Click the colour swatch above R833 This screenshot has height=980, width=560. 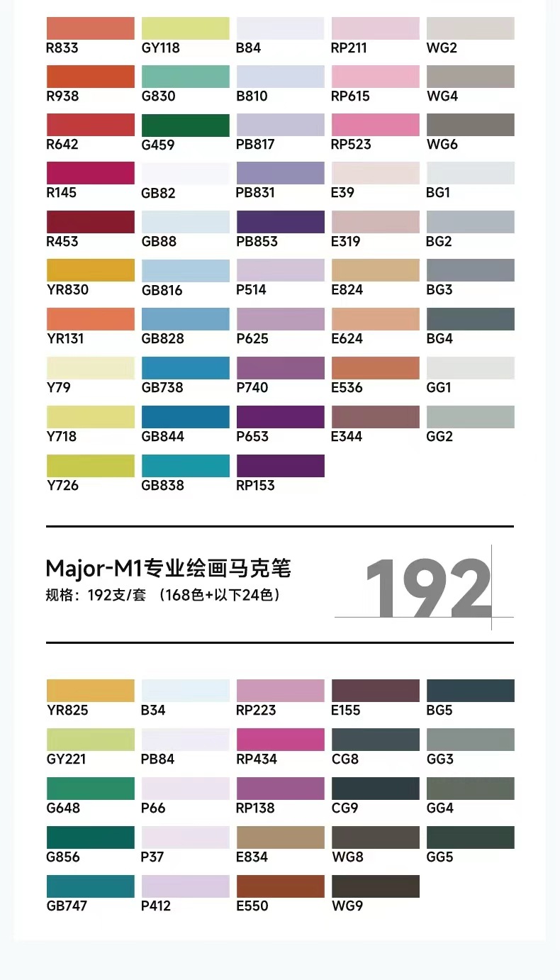(90, 28)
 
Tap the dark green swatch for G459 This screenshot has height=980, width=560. (185, 125)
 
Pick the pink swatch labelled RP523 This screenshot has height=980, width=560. (375, 125)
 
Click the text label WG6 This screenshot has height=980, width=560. (442, 145)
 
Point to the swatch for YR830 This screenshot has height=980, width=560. (90, 270)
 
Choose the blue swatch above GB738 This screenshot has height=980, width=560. (185, 368)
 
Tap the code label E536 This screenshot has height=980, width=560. (347, 387)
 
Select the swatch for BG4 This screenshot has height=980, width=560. (470, 319)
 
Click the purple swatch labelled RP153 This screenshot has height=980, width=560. (280, 466)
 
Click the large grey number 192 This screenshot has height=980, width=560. (427, 588)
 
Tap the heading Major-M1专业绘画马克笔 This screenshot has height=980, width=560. (168, 568)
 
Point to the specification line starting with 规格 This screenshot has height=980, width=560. (162, 595)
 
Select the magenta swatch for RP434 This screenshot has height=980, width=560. (280, 740)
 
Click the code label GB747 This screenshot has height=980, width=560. (67, 906)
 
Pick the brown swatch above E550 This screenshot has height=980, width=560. (280, 886)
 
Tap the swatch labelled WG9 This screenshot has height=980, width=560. (375, 886)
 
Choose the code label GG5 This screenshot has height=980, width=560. (439, 857)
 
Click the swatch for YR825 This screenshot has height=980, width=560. (90, 691)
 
